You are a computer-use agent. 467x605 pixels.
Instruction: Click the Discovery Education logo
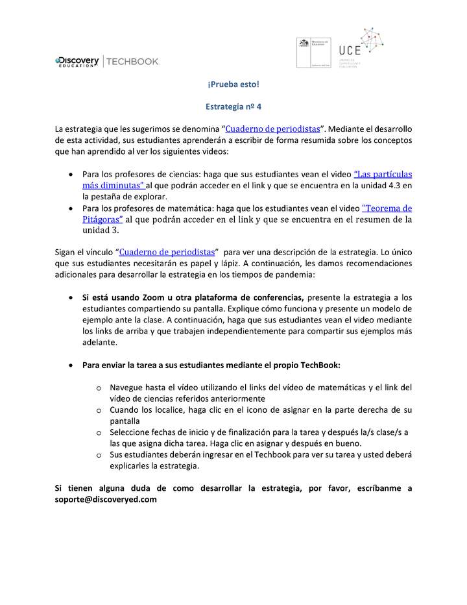(x=77, y=61)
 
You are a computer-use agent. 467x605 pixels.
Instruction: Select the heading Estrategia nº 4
(x=233, y=105)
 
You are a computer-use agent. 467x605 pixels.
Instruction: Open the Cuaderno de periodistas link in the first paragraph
(x=272, y=129)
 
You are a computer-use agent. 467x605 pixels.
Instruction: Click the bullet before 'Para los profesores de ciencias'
(x=71, y=175)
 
